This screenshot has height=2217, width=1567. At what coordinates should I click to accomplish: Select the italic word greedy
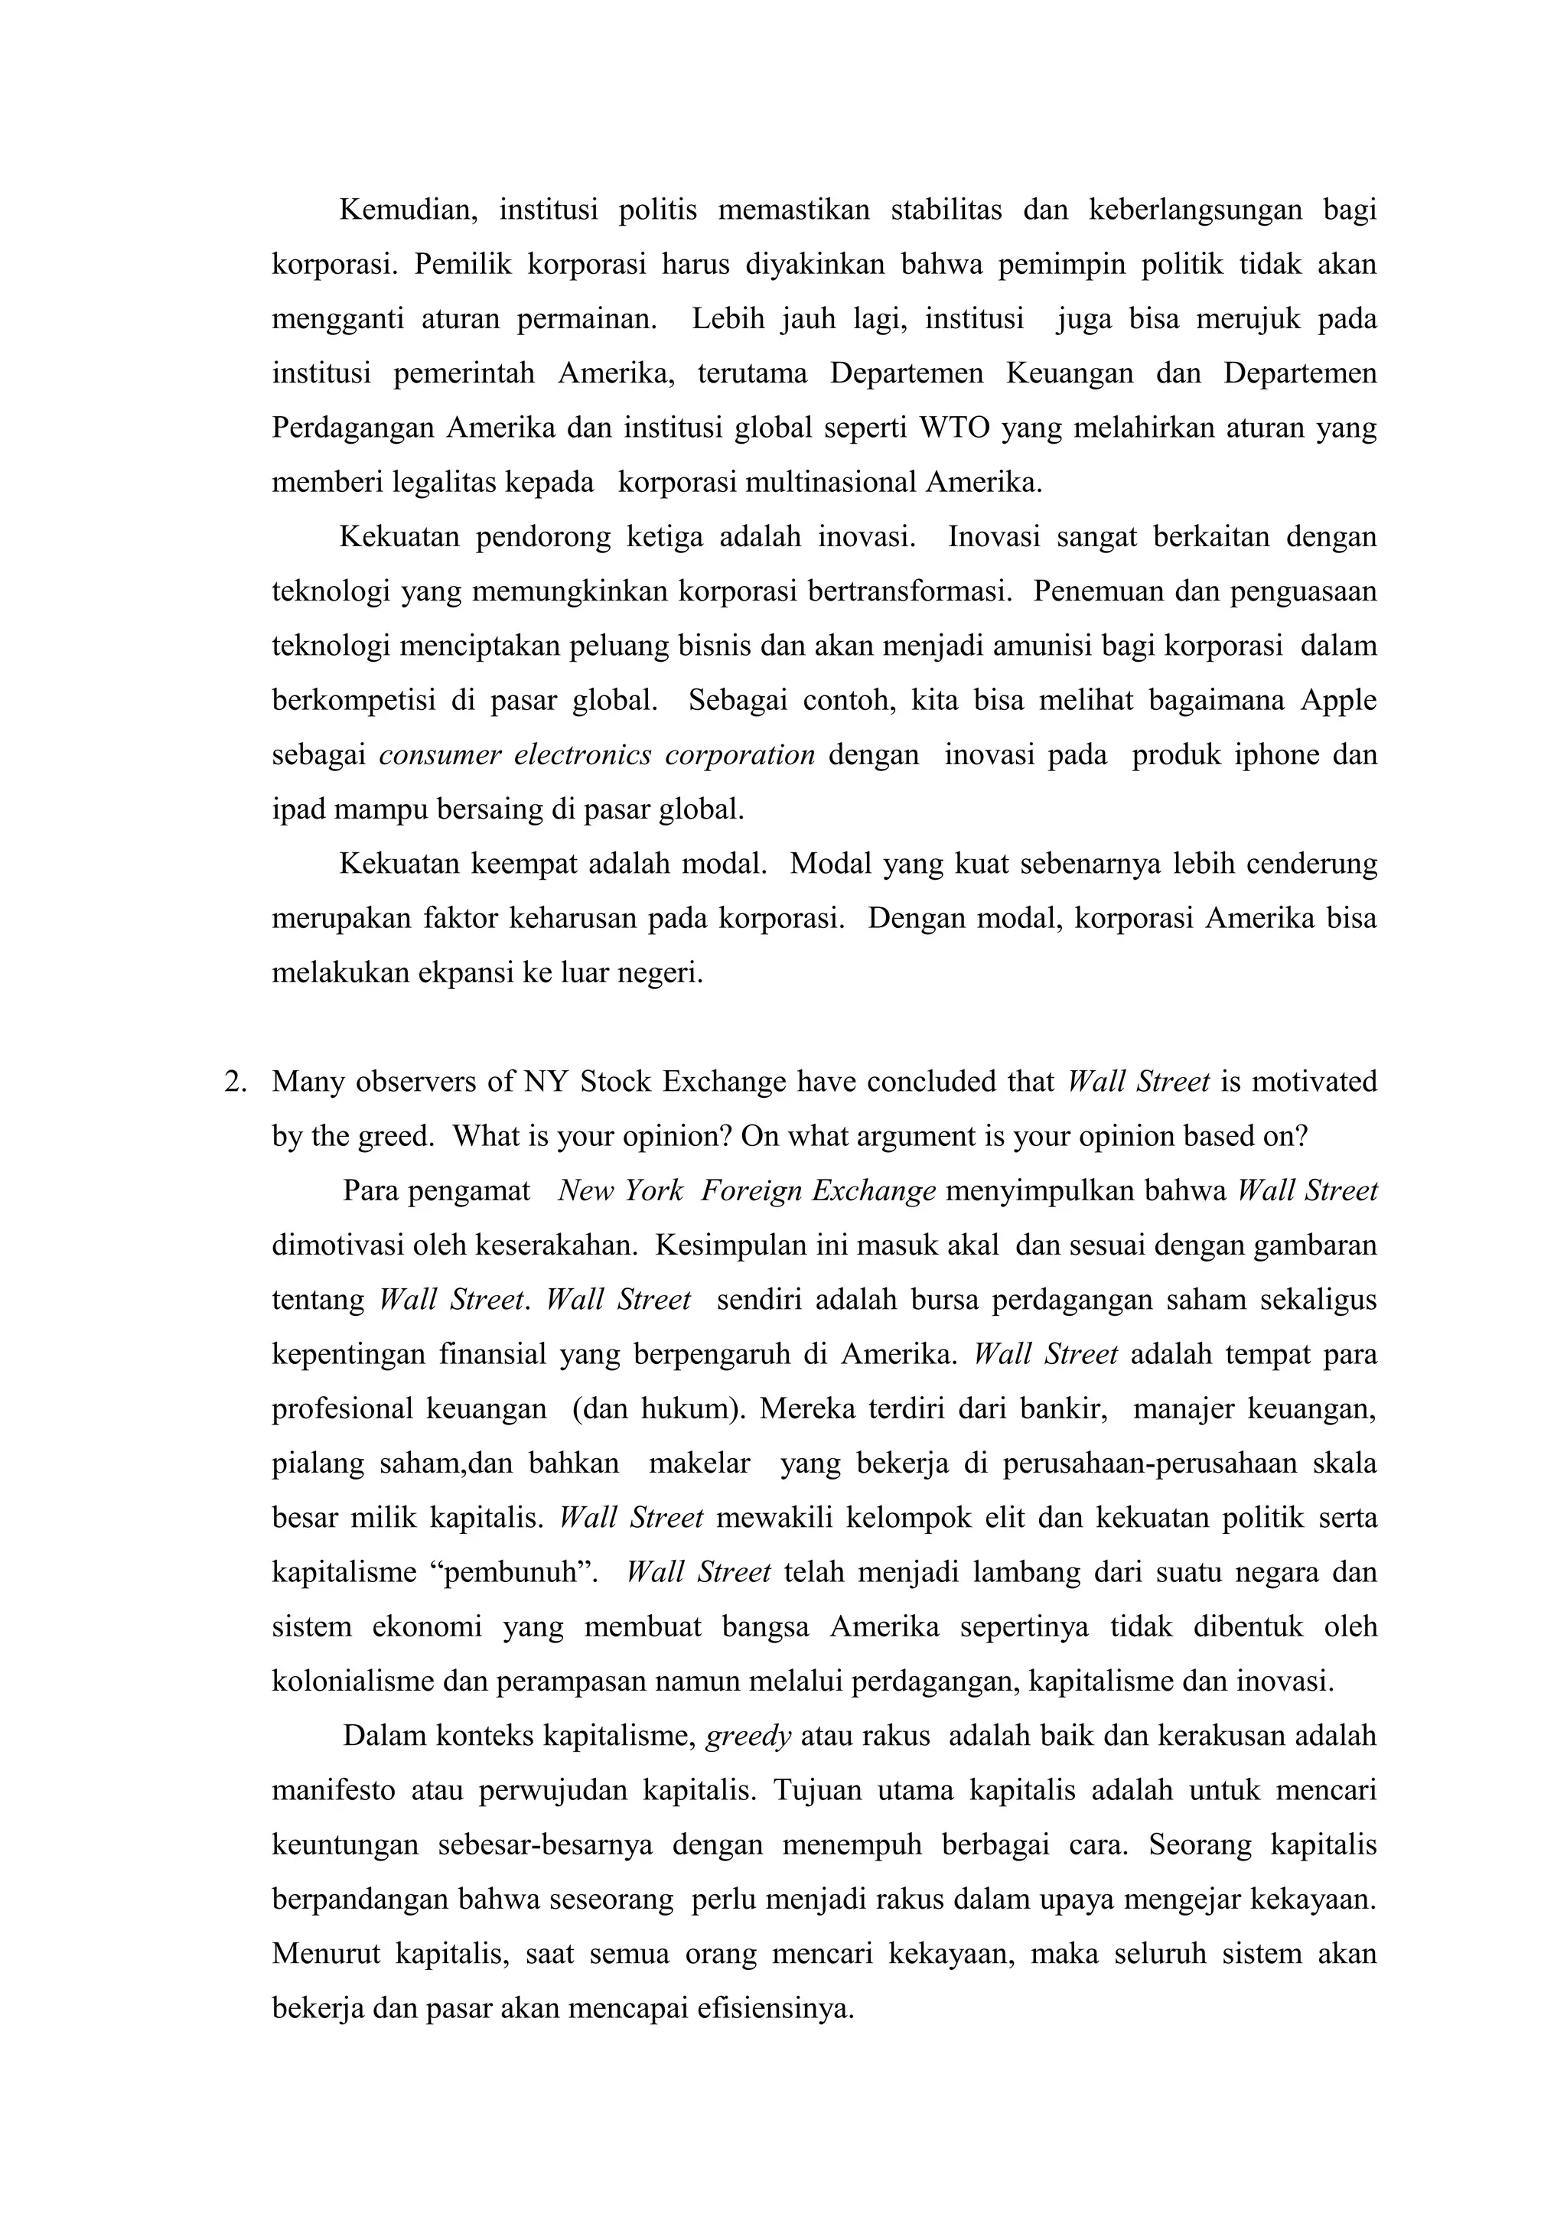pos(748,1736)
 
